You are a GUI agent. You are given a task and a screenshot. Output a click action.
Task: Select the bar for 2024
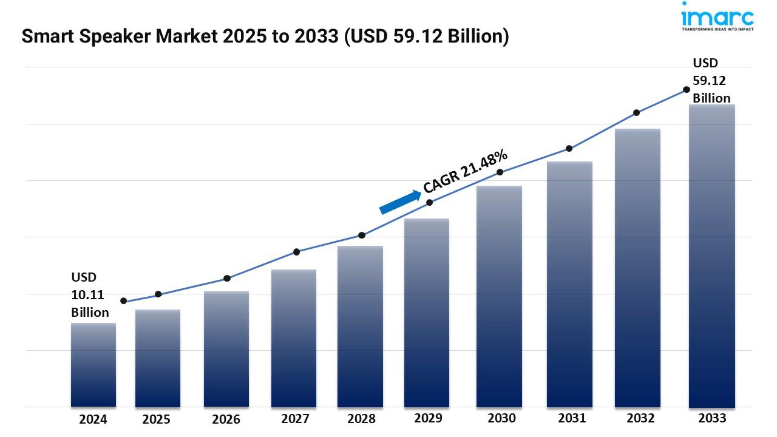[93, 364]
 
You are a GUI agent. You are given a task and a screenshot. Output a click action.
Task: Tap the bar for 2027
[294, 337]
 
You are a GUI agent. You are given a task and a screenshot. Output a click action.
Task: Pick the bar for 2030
[499, 296]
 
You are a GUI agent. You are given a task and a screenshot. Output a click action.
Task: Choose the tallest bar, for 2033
[712, 255]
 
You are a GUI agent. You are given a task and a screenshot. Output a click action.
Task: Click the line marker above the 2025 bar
[158, 294]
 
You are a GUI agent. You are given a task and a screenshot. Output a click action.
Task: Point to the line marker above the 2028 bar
[362, 235]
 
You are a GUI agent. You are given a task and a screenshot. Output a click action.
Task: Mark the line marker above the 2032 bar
[637, 113]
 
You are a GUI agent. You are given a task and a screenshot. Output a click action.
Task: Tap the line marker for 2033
[687, 89]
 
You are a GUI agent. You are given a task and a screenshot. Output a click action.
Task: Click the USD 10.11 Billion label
[90, 295]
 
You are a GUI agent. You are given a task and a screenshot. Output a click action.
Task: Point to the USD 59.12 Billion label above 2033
[711, 81]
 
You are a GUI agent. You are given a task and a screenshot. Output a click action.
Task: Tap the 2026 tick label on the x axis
[226, 419]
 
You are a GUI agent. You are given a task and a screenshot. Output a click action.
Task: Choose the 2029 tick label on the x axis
[428, 418]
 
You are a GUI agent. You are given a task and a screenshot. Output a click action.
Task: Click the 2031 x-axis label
[571, 418]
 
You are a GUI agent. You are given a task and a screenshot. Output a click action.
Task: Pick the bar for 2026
[226, 349]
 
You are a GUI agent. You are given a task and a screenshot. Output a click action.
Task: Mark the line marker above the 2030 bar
[500, 172]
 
